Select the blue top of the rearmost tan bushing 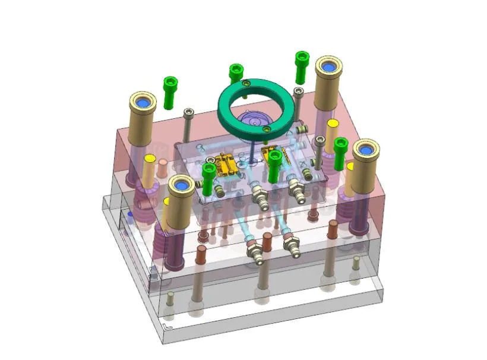[x=328, y=67]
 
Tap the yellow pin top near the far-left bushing [x=150, y=159]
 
